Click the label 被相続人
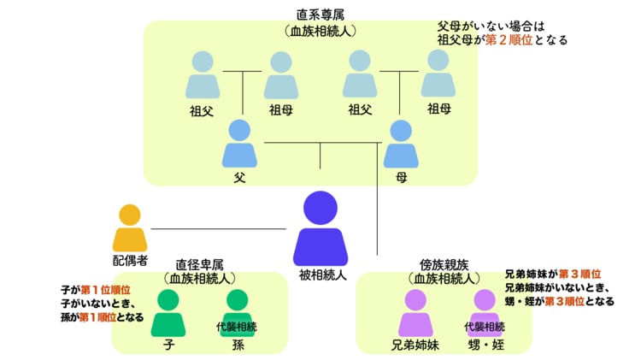click(x=321, y=275)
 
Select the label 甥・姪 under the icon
click(x=485, y=346)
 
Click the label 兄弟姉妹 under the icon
click(x=416, y=346)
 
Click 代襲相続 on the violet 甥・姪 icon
click(x=485, y=327)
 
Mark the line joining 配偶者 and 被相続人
click(x=218, y=228)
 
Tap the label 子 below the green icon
click(x=168, y=346)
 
